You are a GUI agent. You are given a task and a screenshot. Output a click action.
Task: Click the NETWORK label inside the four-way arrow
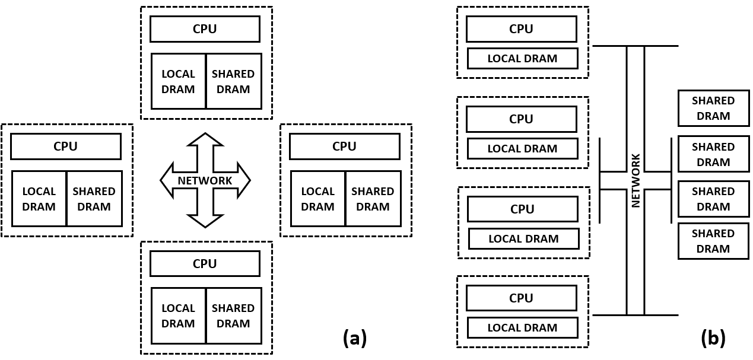[x=205, y=181]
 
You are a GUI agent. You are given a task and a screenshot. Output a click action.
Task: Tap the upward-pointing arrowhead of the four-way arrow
[x=205, y=140]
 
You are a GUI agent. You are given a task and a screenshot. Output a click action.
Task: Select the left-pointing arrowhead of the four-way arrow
[x=167, y=180]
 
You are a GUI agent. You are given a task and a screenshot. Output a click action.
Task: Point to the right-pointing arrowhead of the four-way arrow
[x=243, y=180]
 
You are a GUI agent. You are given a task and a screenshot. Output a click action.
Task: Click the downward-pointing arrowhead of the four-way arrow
[x=205, y=221]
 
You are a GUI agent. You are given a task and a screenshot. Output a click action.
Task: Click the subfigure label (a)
[x=355, y=337]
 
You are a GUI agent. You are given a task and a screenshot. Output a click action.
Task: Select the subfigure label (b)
[x=713, y=337]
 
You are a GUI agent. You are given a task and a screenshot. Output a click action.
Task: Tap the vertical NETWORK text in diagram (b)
[x=636, y=180]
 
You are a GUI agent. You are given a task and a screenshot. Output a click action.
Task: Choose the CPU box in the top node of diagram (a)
[x=205, y=29]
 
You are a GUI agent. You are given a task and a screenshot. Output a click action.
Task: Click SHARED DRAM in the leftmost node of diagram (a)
[x=94, y=199]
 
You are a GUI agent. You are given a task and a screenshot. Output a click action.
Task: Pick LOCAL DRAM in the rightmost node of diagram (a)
[x=317, y=199]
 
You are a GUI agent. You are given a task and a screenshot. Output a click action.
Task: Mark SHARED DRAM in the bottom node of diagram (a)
[x=233, y=316]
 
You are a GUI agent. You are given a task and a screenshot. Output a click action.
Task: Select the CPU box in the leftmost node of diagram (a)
[x=65, y=146]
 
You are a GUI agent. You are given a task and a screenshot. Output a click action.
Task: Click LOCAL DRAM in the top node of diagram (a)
[x=178, y=81]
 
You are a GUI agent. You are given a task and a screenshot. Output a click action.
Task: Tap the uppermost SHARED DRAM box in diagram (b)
[x=713, y=108]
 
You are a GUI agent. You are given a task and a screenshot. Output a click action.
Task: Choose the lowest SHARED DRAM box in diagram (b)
[x=713, y=241]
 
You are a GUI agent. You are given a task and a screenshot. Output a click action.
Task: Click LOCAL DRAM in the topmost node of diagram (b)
[x=522, y=59]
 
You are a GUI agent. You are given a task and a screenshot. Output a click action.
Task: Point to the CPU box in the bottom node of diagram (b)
[x=521, y=298]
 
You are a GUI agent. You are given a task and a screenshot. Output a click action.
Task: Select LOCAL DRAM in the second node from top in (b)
[x=522, y=149]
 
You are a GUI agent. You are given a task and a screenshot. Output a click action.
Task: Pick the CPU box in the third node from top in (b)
[x=522, y=209]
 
